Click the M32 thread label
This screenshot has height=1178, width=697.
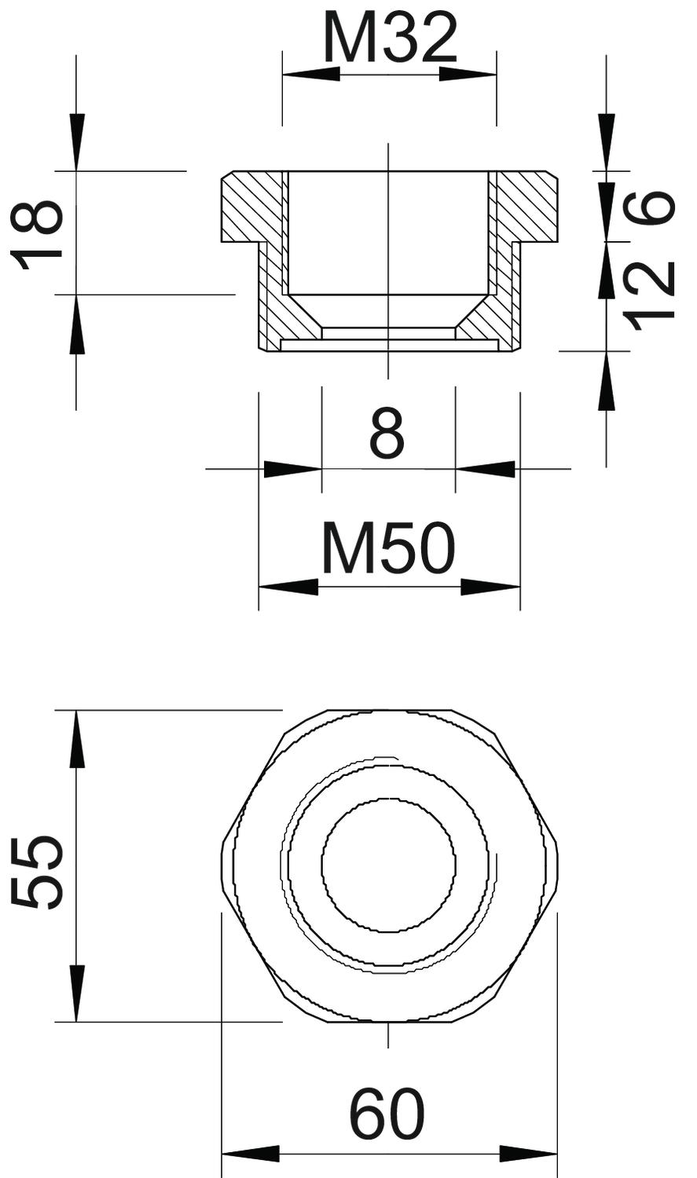tap(390, 37)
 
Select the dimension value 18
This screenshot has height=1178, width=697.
tap(37, 235)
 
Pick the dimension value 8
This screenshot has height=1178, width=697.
tap(387, 434)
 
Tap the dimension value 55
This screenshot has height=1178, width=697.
tap(37, 873)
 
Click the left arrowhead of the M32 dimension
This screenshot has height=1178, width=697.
tap(311, 74)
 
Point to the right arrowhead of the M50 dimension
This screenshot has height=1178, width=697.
tap(491, 587)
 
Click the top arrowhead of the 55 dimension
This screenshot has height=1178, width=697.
tap(76, 740)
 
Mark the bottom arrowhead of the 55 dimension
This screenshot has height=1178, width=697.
tap(76, 993)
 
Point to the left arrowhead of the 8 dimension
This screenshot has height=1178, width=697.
tap(292, 469)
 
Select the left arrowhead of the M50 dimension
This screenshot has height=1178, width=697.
tap(288, 587)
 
